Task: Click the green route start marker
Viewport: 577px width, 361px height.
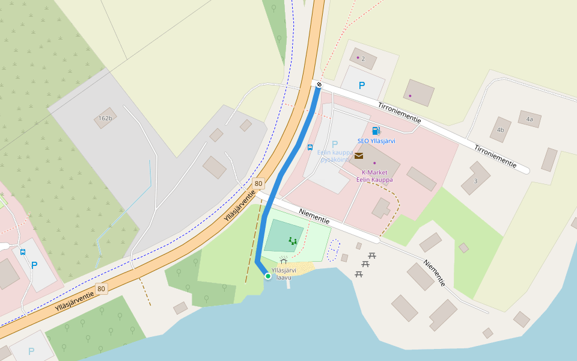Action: click(x=268, y=276)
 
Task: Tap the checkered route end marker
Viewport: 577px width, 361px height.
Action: click(x=319, y=85)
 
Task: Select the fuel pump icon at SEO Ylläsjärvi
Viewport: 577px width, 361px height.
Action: click(x=376, y=131)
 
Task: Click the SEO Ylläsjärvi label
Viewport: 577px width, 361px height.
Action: click(x=376, y=141)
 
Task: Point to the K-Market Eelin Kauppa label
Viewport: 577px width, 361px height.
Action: click(x=374, y=176)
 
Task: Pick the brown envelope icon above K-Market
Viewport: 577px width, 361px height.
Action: click(x=359, y=155)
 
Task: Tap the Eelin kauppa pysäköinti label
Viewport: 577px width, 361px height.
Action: click(x=335, y=156)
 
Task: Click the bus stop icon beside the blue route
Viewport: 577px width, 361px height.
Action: click(x=310, y=147)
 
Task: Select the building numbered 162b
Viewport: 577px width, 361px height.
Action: click(x=105, y=119)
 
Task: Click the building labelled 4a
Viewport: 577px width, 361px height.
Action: click(x=530, y=119)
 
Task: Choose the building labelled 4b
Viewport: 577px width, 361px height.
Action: click(x=500, y=129)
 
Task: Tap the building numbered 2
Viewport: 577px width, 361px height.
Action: click(x=363, y=58)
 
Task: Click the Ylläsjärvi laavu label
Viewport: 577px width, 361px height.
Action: click(x=284, y=274)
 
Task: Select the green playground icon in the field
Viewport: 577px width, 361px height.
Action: click(x=293, y=241)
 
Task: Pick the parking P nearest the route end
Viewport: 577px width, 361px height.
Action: click(x=362, y=85)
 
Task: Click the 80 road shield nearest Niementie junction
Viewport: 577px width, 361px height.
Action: click(x=258, y=184)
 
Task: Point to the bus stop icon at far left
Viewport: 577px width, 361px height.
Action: click(x=23, y=252)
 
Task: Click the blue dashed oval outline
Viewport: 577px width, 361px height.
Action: click(x=334, y=250)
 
